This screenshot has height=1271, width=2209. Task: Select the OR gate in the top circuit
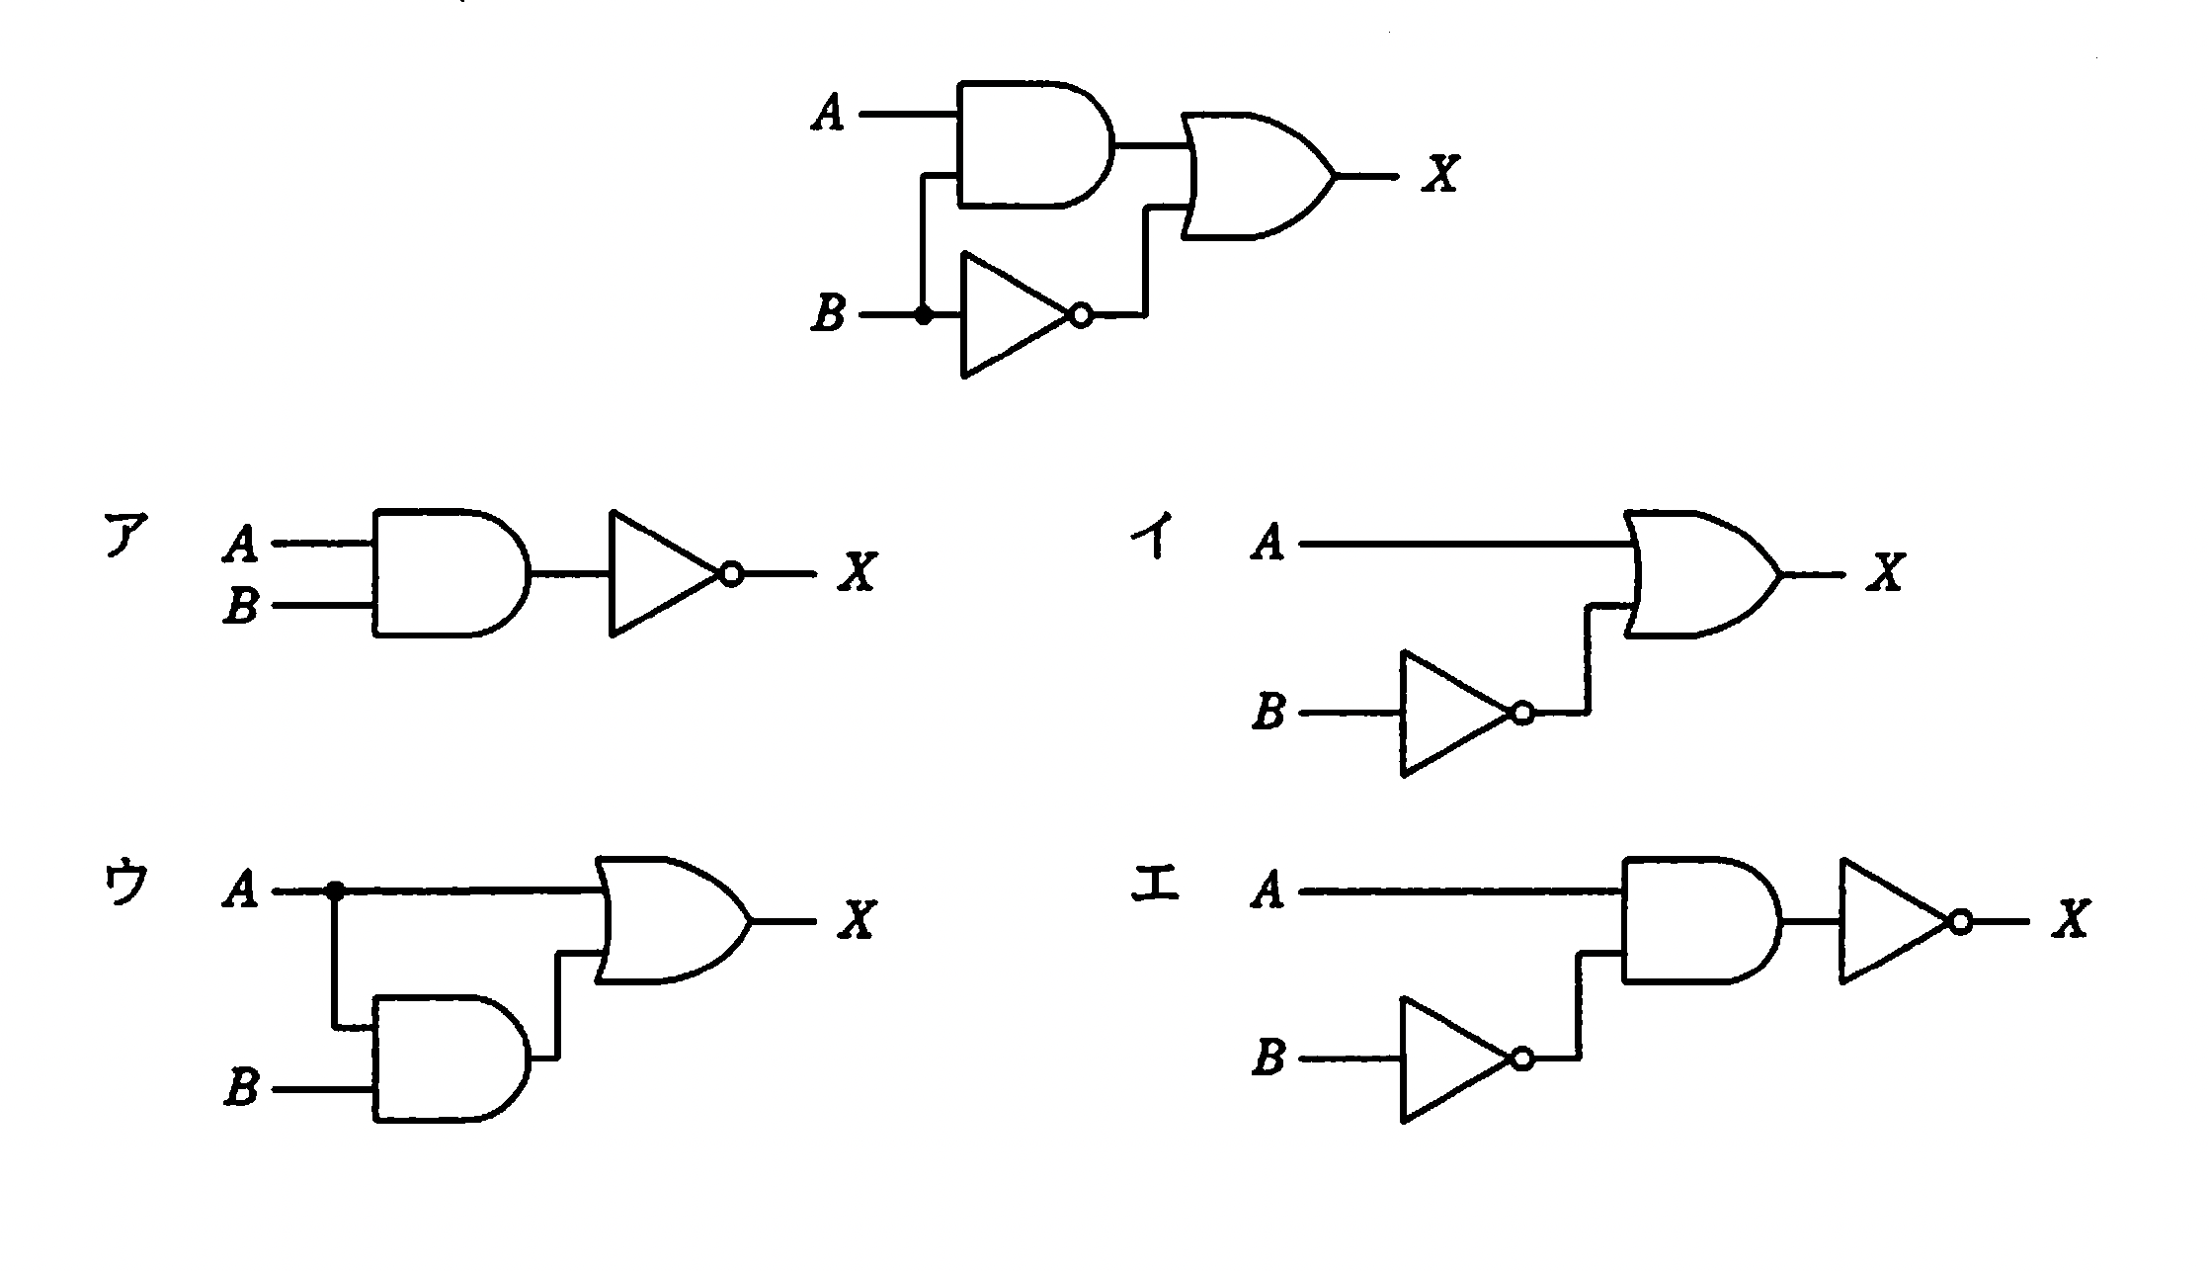[1255, 177]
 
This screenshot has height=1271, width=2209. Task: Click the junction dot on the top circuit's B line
[923, 316]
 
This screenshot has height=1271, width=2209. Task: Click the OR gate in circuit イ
[1699, 574]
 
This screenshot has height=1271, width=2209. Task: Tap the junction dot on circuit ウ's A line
[336, 891]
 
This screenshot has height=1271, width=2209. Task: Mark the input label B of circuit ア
[240, 605]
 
